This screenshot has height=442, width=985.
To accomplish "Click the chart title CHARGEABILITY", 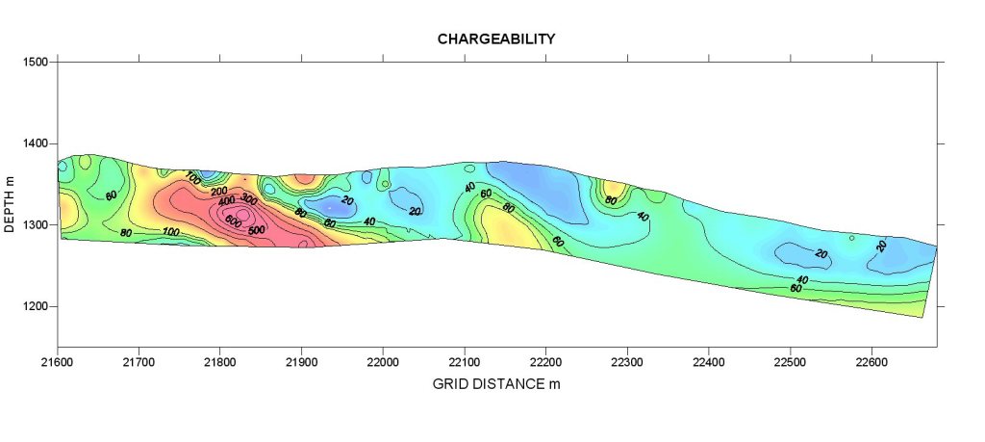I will pos(496,39).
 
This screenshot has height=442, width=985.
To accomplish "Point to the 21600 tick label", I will pos(58,361).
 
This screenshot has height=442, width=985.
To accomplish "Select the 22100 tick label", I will pos(465,361).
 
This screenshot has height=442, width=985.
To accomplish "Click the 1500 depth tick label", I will pos(36,62).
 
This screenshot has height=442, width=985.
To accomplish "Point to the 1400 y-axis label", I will pos(36,143).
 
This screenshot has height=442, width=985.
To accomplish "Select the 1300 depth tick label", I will pos(36,225).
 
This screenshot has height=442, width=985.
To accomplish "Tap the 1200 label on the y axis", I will pos(36,307).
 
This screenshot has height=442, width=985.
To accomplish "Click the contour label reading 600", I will pos(234,220).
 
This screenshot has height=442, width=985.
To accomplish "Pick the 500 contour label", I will pos(257,230).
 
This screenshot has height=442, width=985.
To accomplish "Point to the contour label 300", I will pos(249,199).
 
